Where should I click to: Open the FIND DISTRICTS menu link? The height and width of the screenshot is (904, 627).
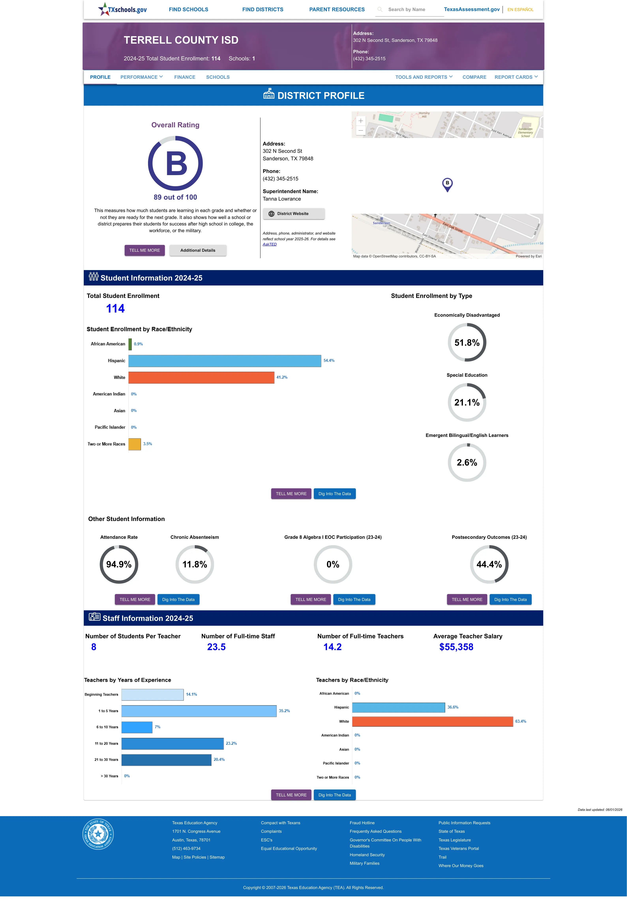(x=262, y=9)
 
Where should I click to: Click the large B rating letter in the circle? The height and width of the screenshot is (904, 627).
(x=176, y=163)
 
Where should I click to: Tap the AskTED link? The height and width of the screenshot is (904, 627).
(x=270, y=244)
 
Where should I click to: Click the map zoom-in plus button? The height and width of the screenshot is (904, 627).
(x=361, y=121)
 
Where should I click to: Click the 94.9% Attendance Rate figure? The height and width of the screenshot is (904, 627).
(x=119, y=565)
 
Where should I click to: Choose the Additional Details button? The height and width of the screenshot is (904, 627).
(x=198, y=250)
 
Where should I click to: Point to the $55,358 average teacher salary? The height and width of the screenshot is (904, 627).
(x=456, y=647)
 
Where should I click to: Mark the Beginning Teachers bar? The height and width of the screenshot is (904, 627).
(x=152, y=695)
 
